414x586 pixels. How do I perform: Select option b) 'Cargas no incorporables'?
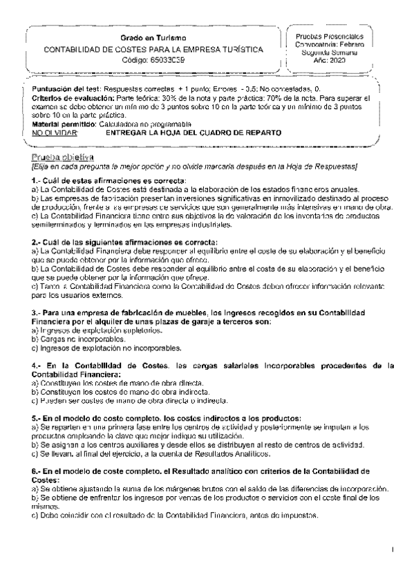[x=79, y=339]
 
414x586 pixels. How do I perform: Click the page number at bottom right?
[x=391, y=549]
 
